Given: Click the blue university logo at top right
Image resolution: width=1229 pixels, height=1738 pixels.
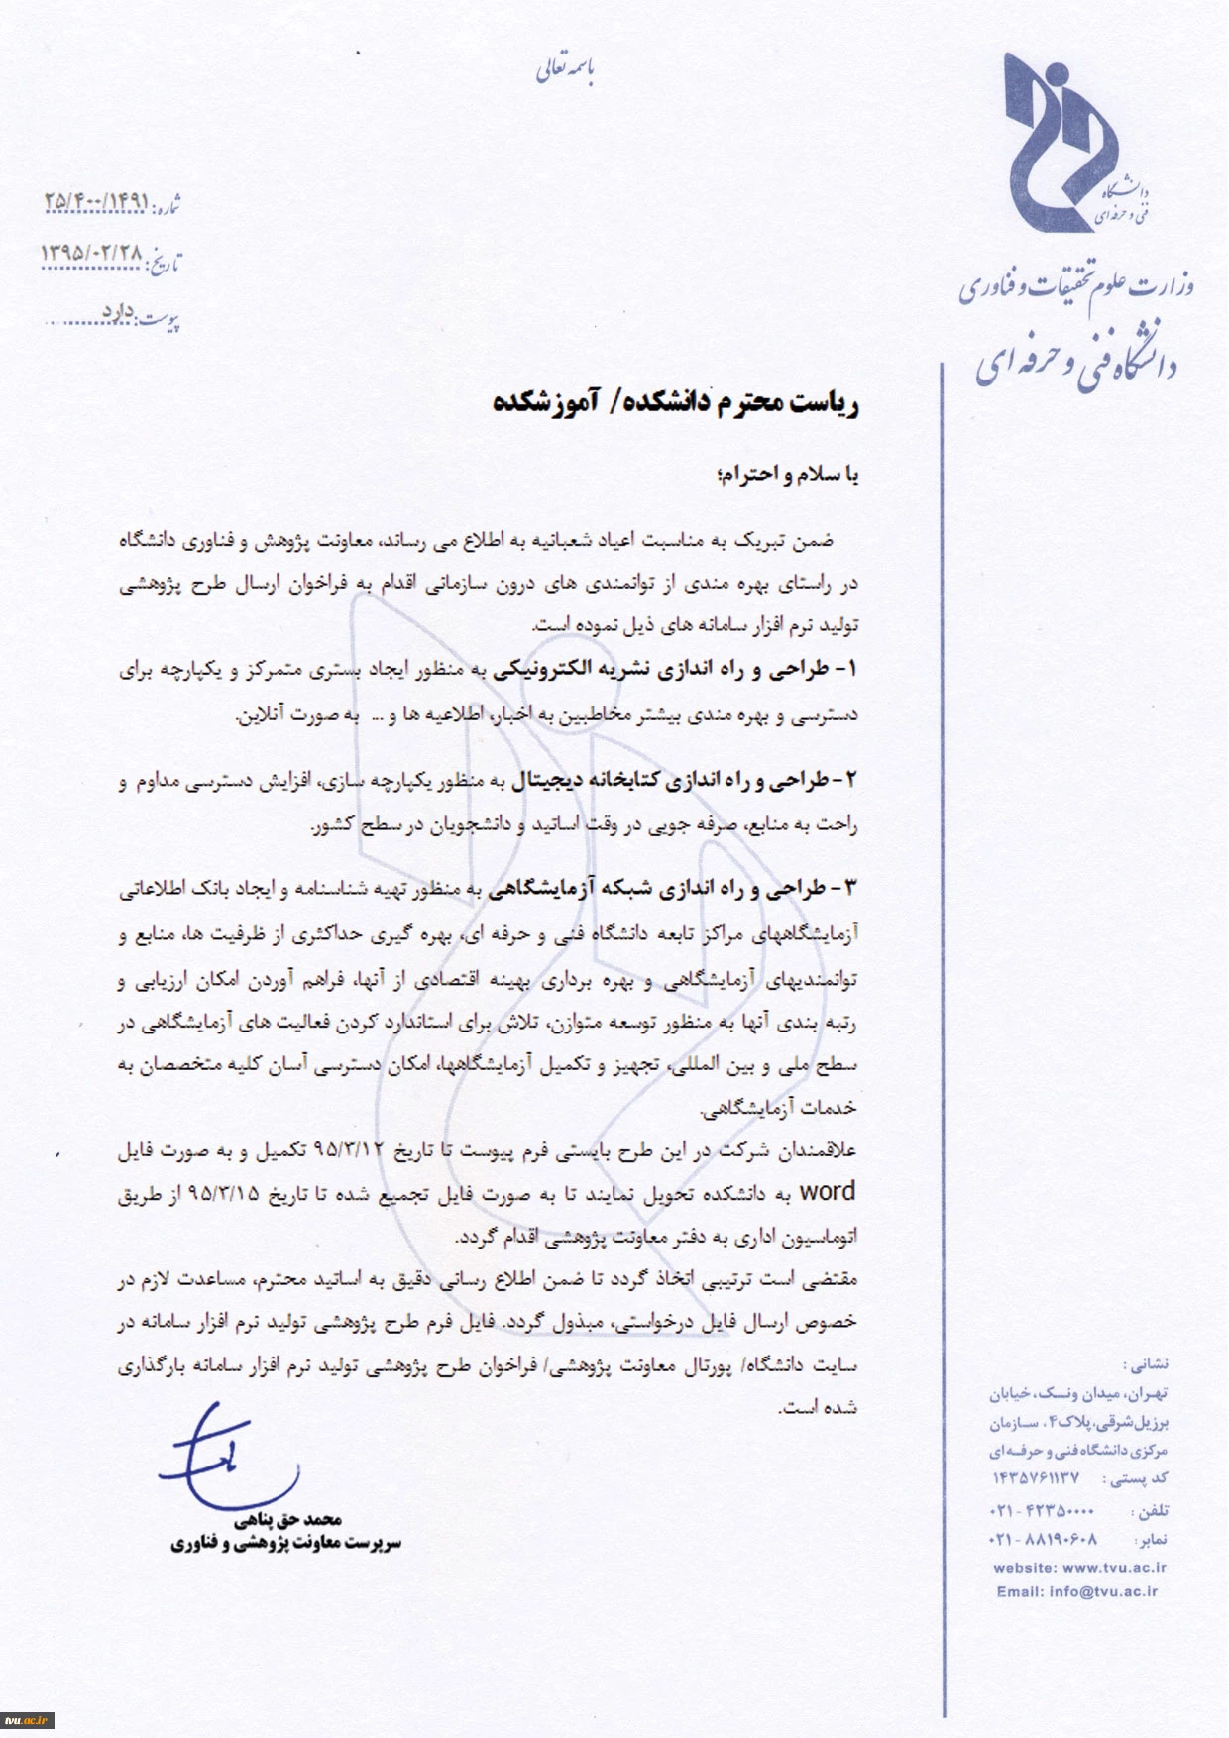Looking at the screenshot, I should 1061,144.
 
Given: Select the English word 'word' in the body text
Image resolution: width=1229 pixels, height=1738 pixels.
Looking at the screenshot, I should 827,1192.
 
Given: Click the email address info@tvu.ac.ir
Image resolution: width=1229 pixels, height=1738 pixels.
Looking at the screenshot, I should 1103,1591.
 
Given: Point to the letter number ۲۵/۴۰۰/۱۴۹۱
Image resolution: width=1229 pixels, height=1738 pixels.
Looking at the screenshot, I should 96,201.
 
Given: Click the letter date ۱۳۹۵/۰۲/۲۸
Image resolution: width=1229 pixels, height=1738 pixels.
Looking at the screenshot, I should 91,254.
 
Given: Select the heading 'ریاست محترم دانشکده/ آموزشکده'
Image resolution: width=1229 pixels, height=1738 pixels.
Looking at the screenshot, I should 675,402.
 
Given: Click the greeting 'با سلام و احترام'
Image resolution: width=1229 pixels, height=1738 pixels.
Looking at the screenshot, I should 787,475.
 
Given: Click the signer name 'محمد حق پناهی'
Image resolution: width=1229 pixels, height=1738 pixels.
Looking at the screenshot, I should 288,1519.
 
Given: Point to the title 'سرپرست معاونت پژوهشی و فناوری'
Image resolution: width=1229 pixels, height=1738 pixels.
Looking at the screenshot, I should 286,1543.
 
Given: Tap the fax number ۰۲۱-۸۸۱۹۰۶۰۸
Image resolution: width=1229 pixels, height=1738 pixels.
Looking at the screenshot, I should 1042,1540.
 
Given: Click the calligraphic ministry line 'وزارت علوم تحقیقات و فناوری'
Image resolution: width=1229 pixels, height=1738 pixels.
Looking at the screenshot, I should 1076,286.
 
